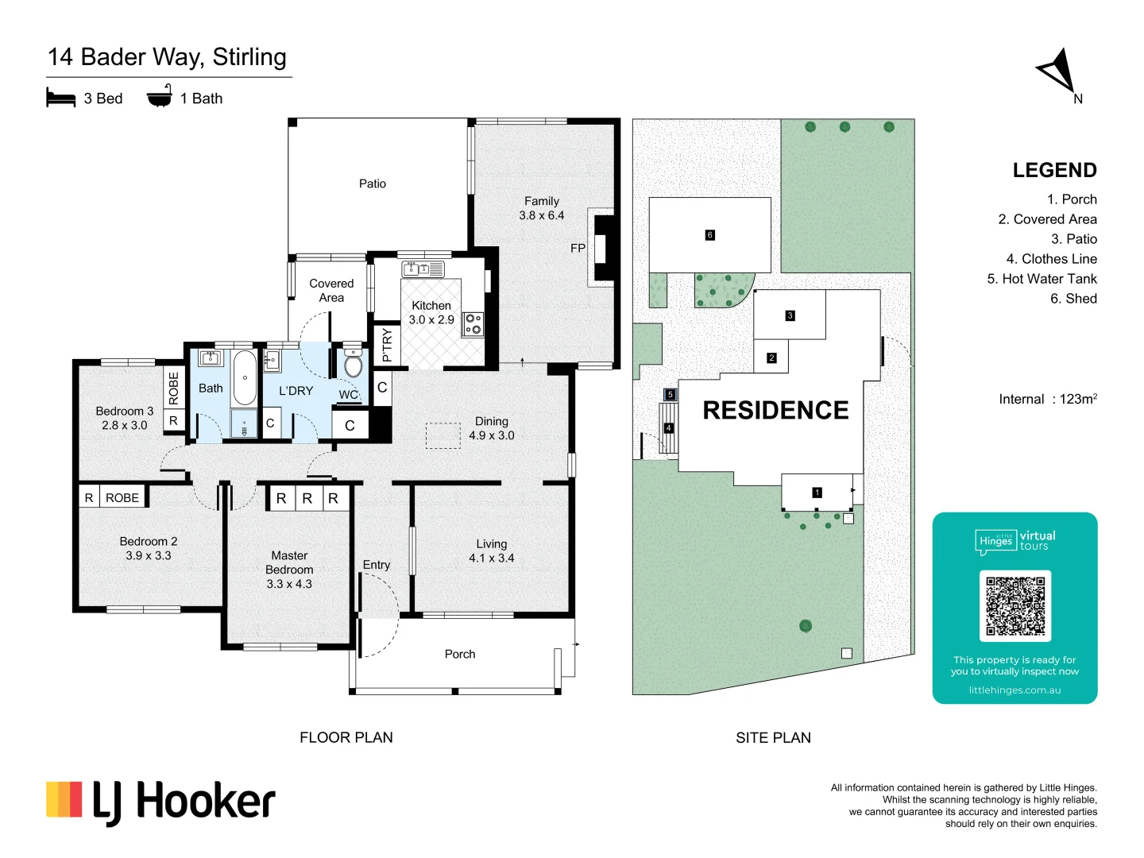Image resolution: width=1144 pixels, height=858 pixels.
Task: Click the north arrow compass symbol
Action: coord(1059,71)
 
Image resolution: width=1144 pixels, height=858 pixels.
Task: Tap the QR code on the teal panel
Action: coord(1015,605)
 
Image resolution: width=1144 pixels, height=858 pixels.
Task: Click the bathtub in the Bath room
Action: coord(245,377)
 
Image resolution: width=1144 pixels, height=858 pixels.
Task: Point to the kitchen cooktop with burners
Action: coord(473,324)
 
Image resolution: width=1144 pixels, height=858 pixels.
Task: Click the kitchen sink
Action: coord(423,269)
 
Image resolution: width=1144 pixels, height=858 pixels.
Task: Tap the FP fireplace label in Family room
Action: coord(578,249)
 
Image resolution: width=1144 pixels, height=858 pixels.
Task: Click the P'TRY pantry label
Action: coord(387,346)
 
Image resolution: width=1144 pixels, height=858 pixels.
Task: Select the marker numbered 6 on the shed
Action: coord(709,235)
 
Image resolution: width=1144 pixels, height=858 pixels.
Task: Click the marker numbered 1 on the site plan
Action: coord(817,493)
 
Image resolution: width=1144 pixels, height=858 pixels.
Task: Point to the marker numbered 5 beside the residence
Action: coord(670,395)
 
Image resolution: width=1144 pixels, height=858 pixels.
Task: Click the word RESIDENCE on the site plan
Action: coord(775,411)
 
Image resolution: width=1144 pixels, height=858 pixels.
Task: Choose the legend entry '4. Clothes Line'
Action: coord(1051,259)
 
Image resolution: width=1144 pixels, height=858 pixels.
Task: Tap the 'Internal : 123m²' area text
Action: coord(1047,400)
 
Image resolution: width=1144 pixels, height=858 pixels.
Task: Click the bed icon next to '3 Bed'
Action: coord(61,99)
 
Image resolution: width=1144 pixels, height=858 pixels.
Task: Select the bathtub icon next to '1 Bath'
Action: coord(160,96)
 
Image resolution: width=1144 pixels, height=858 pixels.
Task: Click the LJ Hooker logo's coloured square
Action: coord(64,800)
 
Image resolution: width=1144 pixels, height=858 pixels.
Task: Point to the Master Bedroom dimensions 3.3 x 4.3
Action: coord(289,584)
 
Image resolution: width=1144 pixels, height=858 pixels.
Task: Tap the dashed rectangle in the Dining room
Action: coord(443,436)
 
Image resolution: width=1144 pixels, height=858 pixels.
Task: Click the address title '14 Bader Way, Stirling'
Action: coord(167,57)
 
